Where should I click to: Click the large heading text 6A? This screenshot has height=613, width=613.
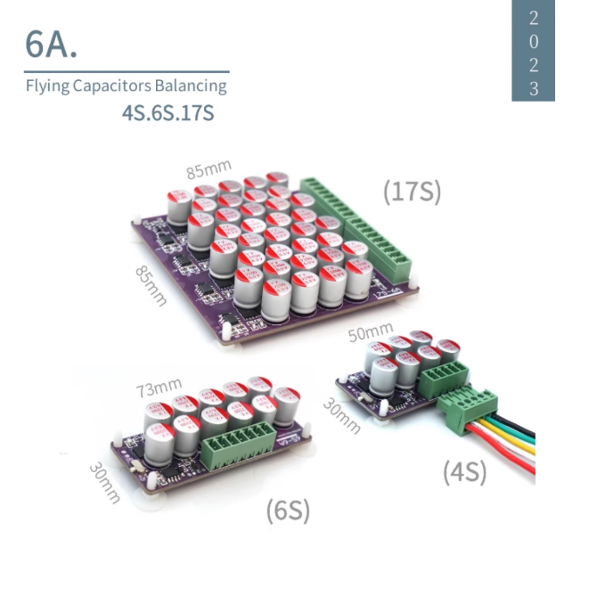click(x=51, y=44)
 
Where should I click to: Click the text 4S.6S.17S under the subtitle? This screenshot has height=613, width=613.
click(x=168, y=114)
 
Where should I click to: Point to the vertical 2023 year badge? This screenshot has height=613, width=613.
click(x=533, y=51)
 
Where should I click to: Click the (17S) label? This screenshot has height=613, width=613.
click(x=412, y=192)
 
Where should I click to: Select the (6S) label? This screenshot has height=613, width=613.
click(x=288, y=511)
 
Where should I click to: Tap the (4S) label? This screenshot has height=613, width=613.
click(x=464, y=472)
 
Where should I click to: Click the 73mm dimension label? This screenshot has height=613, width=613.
click(x=159, y=388)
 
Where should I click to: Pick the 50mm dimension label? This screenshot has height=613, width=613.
click(x=370, y=332)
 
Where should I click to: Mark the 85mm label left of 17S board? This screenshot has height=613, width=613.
click(x=151, y=285)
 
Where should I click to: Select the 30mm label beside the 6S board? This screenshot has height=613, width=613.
click(x=104, y=482)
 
